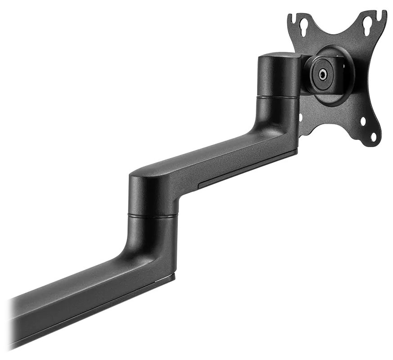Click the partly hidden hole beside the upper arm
[301, 118]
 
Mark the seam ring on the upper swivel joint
[276, 96]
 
